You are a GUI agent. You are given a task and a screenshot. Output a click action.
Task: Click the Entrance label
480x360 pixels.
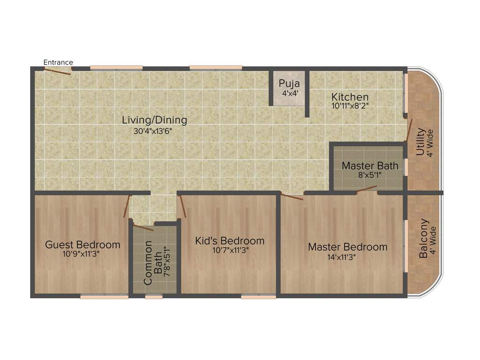[58, 62]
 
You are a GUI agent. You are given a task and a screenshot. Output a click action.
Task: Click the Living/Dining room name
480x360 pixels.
[154, 120]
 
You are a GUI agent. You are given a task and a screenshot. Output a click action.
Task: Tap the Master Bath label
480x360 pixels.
[370, 165]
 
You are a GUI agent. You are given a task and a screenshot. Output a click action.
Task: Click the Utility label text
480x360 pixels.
[420, 142]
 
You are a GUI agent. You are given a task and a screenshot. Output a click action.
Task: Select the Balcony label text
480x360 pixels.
[424, 239]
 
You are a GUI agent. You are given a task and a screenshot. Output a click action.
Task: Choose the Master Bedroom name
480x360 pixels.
[347, 247]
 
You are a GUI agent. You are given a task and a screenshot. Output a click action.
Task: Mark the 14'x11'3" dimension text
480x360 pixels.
[347, 257]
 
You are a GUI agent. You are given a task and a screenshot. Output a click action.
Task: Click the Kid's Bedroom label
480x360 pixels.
[230, 241]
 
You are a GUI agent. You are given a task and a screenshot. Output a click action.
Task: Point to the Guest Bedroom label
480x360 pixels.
[82, 245]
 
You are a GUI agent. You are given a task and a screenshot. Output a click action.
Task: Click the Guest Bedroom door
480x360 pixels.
[127, 206]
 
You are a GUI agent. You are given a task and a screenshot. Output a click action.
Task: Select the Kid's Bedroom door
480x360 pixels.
[183, 206]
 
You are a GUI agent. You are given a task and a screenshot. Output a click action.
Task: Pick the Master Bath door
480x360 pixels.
[367, 189]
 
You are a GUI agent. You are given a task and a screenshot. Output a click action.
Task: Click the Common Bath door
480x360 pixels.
[143, 228]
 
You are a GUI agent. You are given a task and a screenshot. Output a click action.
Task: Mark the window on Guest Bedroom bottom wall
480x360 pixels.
[104, 296]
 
